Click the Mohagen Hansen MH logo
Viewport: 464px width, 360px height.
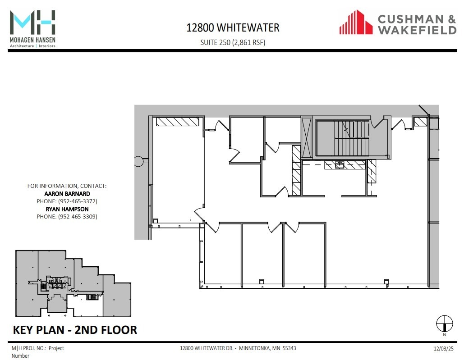coord(32,23)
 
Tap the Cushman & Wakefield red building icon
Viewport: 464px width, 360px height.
coord(356,23)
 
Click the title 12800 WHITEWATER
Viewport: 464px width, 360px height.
coord(233,28)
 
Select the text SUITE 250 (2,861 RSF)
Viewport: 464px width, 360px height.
coord(233,43)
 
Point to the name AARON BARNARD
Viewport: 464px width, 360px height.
coord(67,194)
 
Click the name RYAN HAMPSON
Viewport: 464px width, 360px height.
coord(67,209)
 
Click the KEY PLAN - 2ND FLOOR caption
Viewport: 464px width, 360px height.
coord(75,330)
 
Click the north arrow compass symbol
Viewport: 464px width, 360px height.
coord(444,324)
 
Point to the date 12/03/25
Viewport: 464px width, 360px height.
coord(442,348)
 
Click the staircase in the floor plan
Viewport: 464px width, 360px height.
coord(343,137)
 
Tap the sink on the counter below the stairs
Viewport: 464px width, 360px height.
coord(339,165)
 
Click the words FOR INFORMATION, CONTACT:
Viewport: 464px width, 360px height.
coord(67,186)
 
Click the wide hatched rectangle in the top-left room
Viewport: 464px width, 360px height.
coord(178,122)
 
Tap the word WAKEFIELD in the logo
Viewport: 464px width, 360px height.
coord(417,30)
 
